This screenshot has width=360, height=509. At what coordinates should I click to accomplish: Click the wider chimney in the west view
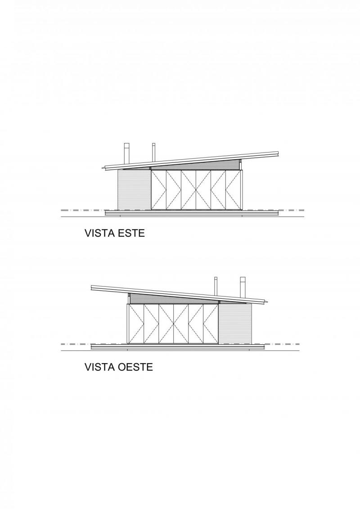[243, 287]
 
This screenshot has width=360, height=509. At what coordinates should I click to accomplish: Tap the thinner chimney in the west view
[216, 286]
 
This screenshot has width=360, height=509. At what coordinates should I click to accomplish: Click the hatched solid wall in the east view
[135, 189]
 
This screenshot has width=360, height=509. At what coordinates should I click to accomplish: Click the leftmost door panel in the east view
[159, 190]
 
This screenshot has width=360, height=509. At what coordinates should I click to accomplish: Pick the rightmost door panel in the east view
[233, 190]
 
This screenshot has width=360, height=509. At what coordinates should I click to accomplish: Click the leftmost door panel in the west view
[136, 324]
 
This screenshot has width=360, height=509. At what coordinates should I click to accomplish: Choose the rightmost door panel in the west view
[211, 324]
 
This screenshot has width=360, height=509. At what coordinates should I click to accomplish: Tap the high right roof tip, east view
[279, 152]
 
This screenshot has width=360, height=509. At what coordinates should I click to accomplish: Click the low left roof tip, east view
[103, 168]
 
